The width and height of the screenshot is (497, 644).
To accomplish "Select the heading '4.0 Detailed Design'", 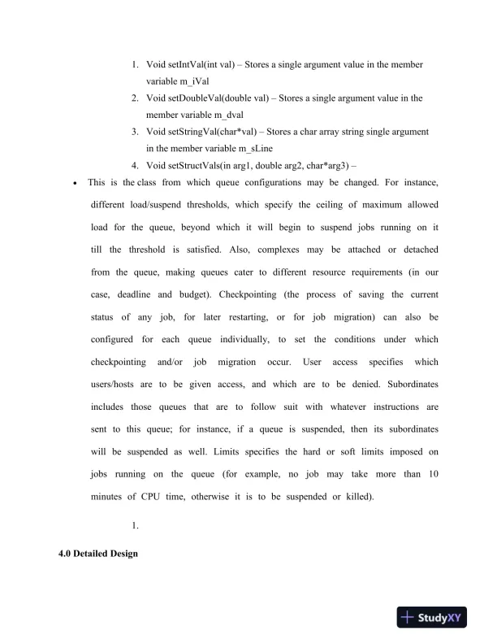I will (x=93, y=554).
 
